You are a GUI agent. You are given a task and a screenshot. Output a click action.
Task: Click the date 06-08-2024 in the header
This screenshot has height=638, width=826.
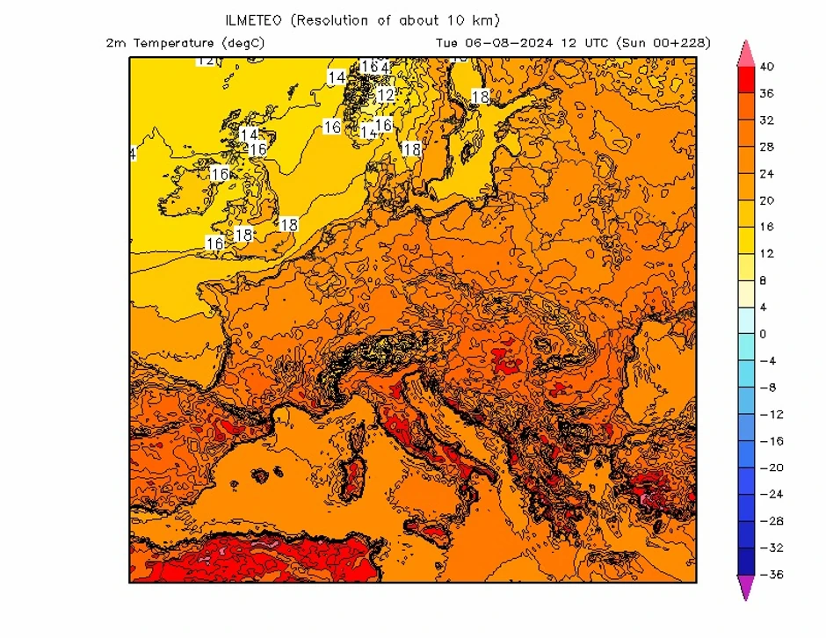click(507, 42)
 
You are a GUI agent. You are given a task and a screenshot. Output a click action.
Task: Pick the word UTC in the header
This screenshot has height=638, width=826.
click(593, 42)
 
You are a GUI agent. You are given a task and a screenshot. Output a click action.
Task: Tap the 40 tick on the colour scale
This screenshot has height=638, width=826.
click(767, 67)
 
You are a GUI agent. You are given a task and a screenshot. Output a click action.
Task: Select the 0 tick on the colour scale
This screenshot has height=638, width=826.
click(763, 334)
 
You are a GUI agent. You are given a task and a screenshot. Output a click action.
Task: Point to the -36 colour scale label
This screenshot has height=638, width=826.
click(770, 575)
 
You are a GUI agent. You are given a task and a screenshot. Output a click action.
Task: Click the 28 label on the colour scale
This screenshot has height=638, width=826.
click(767, 147)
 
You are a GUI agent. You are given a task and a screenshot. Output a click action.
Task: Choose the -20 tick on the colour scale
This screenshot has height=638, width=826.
click(770, 468)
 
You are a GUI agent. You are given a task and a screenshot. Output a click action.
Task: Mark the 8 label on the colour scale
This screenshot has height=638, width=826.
click(763, 280)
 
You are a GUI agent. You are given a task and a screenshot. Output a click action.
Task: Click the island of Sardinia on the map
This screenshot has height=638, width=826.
click(354, 475)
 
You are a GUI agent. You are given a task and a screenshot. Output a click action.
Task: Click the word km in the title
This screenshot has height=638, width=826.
click(482, 20)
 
